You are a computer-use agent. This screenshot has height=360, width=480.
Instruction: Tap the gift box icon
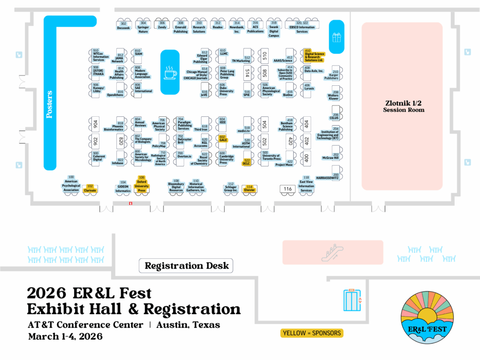337,37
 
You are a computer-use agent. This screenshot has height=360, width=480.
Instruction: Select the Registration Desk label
187,266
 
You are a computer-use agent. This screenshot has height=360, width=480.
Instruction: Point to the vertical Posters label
50,104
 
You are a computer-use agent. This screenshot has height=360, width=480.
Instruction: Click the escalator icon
332,253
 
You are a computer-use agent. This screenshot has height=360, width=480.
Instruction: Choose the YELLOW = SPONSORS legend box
312,333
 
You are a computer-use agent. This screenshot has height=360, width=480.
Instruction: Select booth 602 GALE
223,138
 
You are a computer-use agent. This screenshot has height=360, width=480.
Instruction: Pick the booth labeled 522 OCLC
247,162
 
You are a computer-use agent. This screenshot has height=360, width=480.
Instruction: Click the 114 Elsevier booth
250,188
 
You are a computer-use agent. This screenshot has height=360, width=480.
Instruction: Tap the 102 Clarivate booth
90,188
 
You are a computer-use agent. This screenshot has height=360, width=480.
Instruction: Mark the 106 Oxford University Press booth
142,184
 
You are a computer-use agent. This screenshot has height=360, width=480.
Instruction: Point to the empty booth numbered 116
288,189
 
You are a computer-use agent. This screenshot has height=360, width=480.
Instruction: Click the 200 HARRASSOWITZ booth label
328,177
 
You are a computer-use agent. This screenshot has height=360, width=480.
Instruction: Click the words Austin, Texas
188,325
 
